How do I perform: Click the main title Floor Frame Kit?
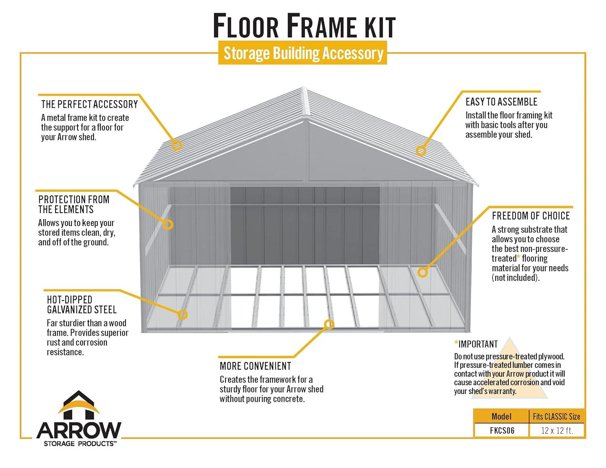pyautogui.click(x=304, y=25)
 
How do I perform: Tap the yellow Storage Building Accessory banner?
pyautogui.click(x=303, y=53)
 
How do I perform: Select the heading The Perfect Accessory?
pyautogui.click(x=89, y=104)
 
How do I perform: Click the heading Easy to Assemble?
pyautogui.click(x=501, y=102)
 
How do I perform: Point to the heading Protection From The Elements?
pyautogui.click(x=74, y=204)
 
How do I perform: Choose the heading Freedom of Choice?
pyautogui.click(x=530, y=216)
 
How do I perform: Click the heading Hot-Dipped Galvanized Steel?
pyautogui.click(x=82, y=305)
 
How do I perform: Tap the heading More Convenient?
pyautogui.click(x=255, y=366)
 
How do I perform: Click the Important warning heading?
pyautogui.click(x=478, y=344)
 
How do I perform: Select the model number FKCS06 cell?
pyautogui.click(x=502, y=430)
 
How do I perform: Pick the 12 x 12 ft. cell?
pyautogui.click(x=557, y=430)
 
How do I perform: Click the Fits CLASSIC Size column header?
pyautogui.click(x=556, y=416)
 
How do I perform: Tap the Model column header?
pyautogui.click(x=501, y=416)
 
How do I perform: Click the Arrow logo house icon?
pyautogui.click(x=79, y=405)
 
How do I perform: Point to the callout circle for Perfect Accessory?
pyautogui.click(x=177, y=145)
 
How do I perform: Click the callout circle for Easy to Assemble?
pyautogui.click(x=421, y=151)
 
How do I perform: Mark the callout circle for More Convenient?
pyautogui.click(x=329, y=324)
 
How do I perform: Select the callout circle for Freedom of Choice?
pyautogui.click(x=423, y=272)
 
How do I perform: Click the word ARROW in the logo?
pyautogui.click(x=79, y=431)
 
